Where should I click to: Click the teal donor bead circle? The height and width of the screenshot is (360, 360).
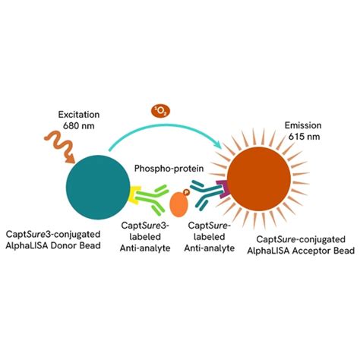pyautogui.click(x=98, y=187)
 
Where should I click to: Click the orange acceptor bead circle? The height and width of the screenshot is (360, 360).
pyautogui.click(x=259, y=178)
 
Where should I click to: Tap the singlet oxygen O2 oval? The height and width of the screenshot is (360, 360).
pyautogui.click(x=160, y=112)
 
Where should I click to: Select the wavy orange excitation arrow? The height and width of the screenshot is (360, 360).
pyautogui.click(x=60, y=147)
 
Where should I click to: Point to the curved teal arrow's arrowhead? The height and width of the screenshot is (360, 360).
pyautogui.click(x=218, y=145)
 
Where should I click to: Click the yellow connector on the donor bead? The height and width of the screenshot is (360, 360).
pyautogui.click(x=133, y=194)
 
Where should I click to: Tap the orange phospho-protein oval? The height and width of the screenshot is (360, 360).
pyautogui.click(x=179, y=204)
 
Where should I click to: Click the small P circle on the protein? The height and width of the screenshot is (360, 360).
pyautogui.click(x=187, y=192)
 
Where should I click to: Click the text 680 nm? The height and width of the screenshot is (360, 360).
pyautogui.click(x=79, y=126)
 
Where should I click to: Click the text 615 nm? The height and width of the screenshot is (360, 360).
pyautogui.click(x=304, y=137)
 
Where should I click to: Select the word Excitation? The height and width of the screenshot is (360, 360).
pyautogui.click(x=79, y=115)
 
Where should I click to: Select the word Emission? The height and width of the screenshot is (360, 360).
pyautogui.click(x=303, y=125)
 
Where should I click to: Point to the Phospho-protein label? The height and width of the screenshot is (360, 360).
pyautogui.click(x=169, y=169)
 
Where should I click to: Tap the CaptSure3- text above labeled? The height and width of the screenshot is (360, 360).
pyautogui.click(x=145, y=226)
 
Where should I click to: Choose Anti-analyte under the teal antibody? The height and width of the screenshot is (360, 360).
pyautogui.click(x=210, y=248)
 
